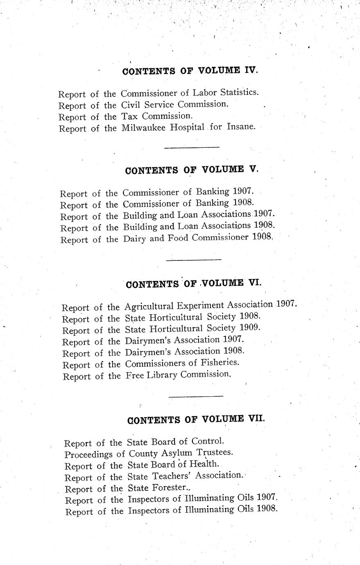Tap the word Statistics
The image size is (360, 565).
click(x=238, y=92)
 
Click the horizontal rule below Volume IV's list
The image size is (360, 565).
click(x=191, y=147)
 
